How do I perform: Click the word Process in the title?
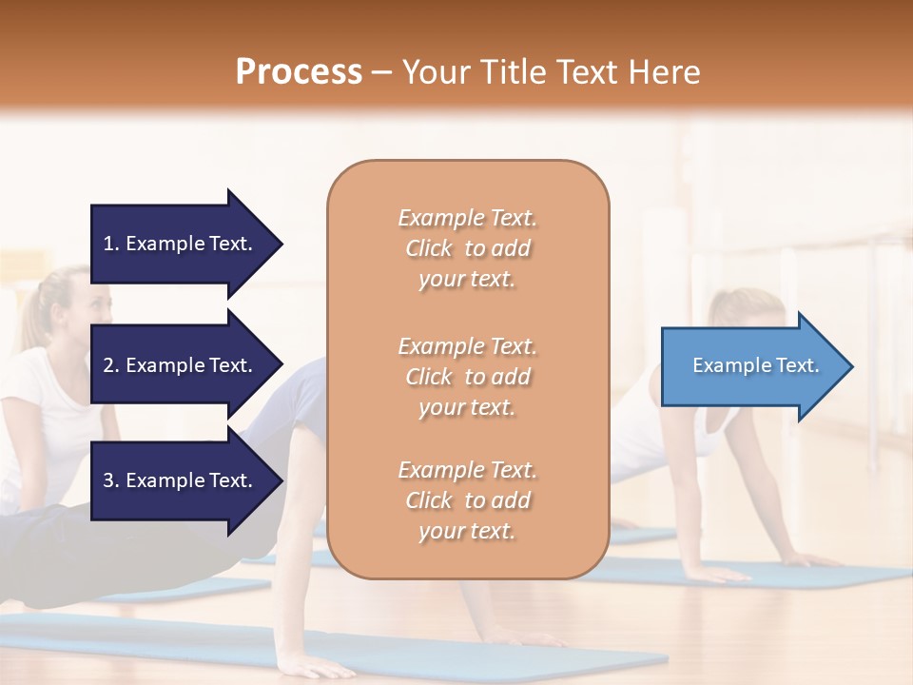coord(299,71)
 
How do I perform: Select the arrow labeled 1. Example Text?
coord(181,244)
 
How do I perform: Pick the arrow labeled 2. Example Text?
coord(181,365)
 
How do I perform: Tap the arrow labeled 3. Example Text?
coord(181,480)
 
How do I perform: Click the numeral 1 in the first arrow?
coord(108,244)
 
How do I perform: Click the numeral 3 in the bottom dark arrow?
coord(108,480)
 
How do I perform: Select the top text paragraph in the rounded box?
coord(467,248)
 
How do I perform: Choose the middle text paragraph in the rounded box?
coord(467,377)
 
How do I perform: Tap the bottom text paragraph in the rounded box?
coord(467,500)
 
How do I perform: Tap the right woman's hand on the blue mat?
coord(723,573)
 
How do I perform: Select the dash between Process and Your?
coord(381,72)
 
